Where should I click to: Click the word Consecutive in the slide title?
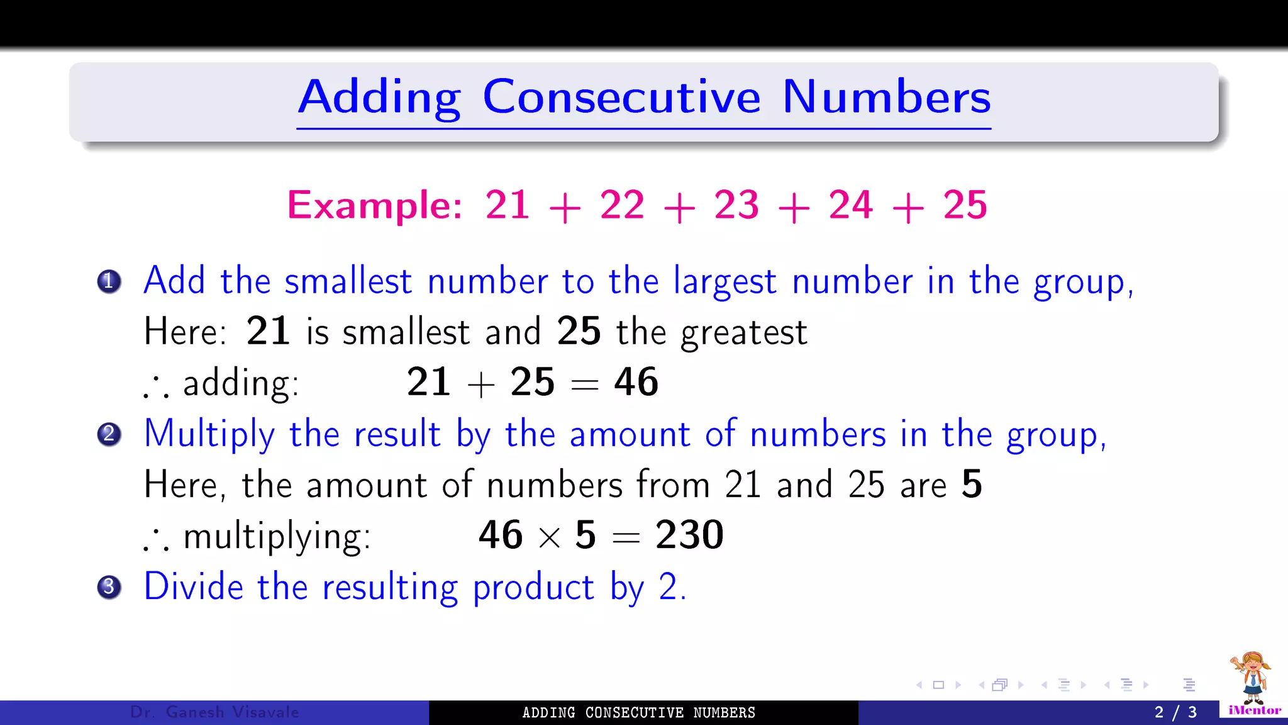click(621, 98)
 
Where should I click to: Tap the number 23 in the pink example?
click(736, 205)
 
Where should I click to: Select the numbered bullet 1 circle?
click(109, 281)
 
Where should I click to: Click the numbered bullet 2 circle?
click(109, 434)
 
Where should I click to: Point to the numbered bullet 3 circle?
click(109, 587)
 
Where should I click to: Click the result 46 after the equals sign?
click(636, 382)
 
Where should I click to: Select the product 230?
click(689, 535)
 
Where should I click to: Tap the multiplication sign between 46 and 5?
click(549, 537)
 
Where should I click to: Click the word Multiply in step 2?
click(209, 434)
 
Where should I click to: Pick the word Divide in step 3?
click(194, 587)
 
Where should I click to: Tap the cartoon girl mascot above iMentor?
click(1252, 677)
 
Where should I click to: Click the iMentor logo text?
click(1254, 711)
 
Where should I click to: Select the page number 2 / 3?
click(1175, 712)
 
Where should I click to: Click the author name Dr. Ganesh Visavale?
click(214, 712)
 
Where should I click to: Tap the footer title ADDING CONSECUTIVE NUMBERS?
click(638, 712)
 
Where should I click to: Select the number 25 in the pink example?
click(965, 205)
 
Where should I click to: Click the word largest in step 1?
click(724, 281)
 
